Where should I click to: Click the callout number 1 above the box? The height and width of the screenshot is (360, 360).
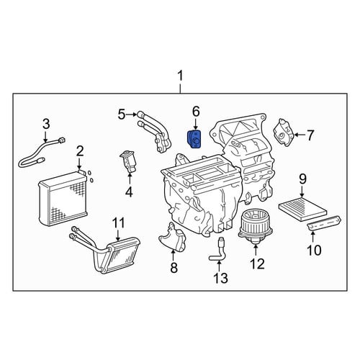(x=180, y=76)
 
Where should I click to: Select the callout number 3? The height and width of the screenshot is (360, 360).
(x=46, y=124)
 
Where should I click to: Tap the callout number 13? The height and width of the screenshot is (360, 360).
(x=220, y=278)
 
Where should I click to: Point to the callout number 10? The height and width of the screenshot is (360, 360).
(x=314, y=250)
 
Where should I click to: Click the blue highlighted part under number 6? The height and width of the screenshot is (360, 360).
(x=194, y=140)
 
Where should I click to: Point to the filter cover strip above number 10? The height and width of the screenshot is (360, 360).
(x=324, y=223)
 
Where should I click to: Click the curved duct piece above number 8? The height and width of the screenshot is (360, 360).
(x=172, y=237)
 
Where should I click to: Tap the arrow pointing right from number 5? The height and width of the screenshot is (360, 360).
(x=131, y=114)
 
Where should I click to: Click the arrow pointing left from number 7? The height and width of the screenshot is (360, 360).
(x=300, y=135)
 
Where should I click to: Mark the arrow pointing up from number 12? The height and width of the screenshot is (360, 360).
(x=256, y=250)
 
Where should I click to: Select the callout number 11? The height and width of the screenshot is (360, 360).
(x=119, y=222)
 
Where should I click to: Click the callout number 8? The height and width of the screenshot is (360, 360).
(x=174, y=267)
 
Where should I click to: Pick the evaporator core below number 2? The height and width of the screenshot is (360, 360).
(x=63, y=199)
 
